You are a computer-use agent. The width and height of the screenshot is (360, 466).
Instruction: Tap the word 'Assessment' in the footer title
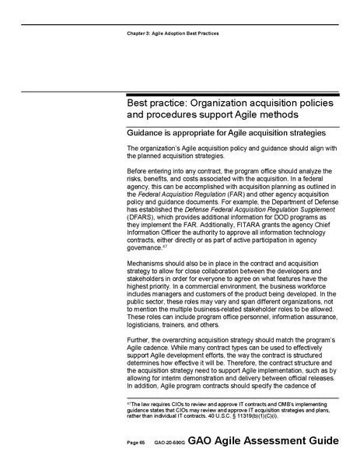pyautogui.click(x=275, y=440)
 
